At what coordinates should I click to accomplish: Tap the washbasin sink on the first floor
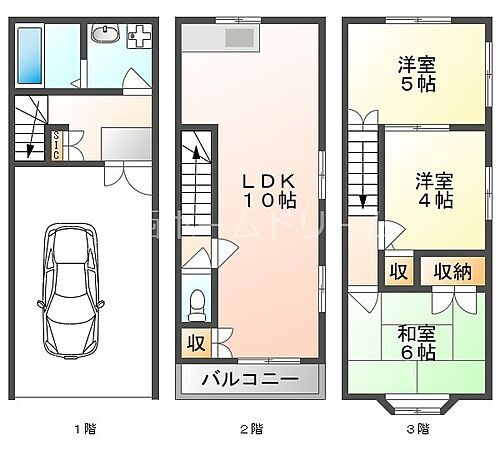(x=102, y=36)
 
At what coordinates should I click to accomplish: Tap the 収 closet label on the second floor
(x=194, y=344)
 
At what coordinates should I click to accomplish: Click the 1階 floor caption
(x=83, y=429)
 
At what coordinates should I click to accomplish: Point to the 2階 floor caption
(x=250, y=429)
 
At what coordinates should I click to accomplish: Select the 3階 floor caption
(x=417, y=429)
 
